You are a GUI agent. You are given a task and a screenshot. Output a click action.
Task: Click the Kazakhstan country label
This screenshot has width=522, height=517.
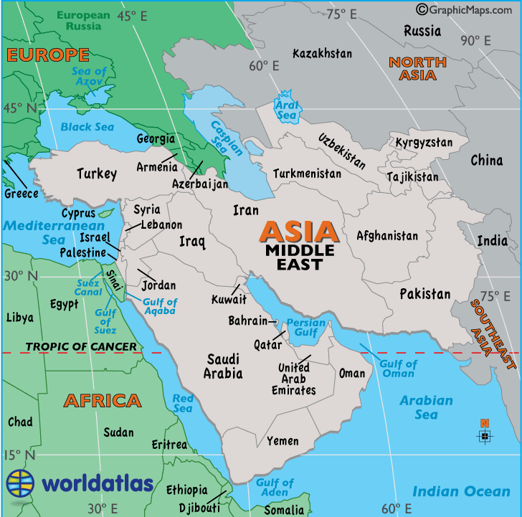322,54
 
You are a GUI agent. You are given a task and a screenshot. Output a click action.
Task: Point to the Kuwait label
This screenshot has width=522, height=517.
229,299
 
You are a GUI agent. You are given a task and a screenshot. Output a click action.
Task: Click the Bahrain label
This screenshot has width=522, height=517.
247,321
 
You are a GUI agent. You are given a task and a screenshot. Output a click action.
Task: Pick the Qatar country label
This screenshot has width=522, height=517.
267,344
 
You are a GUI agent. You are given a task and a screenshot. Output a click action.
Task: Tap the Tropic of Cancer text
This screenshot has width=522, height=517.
81,347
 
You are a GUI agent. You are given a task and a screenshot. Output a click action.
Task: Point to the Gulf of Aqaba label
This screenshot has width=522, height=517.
159,307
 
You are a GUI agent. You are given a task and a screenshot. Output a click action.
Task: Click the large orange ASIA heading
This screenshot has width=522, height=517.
299,231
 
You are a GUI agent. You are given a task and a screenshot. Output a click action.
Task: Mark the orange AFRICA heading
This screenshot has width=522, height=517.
102,400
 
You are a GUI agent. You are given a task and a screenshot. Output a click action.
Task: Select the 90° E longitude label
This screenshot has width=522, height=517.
475,40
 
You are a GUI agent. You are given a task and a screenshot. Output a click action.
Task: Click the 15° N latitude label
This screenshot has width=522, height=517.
20,455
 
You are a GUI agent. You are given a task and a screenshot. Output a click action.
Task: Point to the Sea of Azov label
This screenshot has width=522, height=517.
89,77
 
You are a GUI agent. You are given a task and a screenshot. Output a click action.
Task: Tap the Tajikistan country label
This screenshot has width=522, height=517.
412,176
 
